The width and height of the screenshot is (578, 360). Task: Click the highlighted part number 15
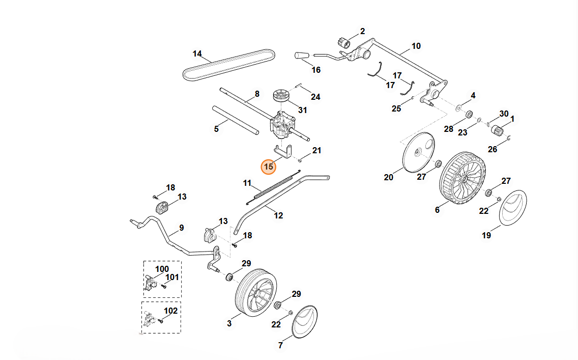click(x=269, y=167)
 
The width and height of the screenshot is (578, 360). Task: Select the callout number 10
click(x=416, y=46)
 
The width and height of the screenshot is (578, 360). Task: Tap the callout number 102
click(x=171, y=311)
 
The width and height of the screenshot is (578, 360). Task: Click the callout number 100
click(x=162, y=269)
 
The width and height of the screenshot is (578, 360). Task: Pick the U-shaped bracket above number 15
click(x=284, y=152)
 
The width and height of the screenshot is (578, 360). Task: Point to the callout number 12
click(x=278, y=215)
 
